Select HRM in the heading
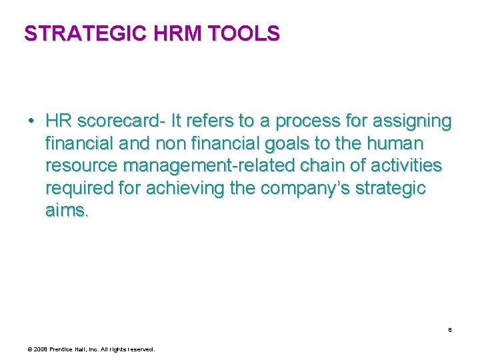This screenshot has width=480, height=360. [x=181, y=33]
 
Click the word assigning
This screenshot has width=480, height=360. [x=410, y=121]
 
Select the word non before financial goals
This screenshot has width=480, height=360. [x=179, y=144]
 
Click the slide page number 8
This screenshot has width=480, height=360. [x=450, y=329]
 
